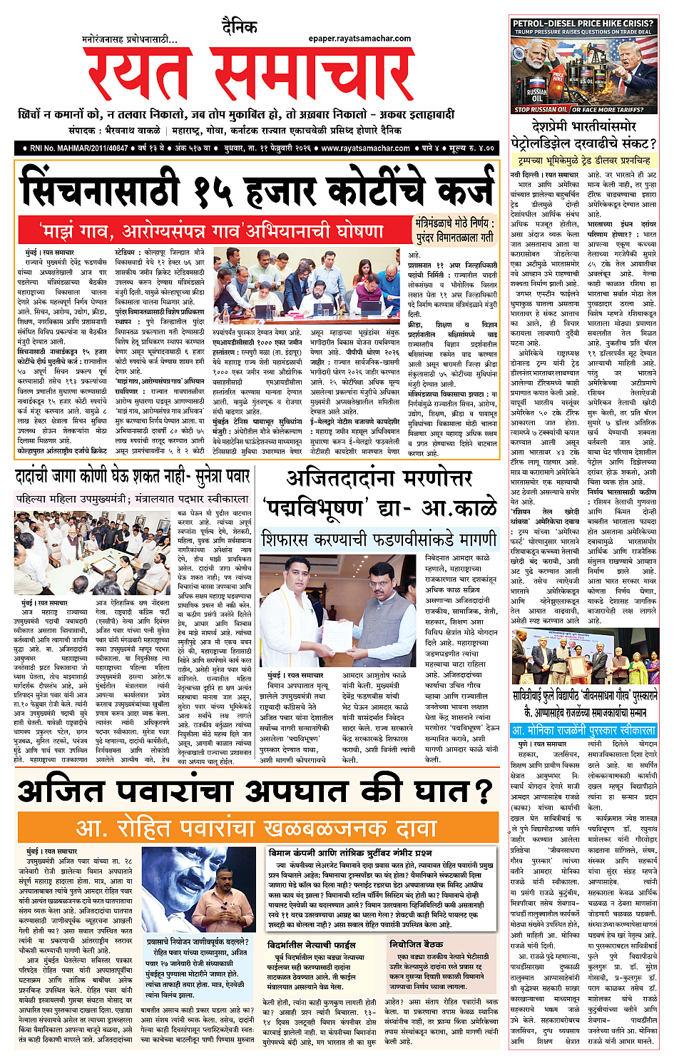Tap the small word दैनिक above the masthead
point(239,27)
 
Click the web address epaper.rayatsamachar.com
point(359,39)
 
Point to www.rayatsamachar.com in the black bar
point(365,148)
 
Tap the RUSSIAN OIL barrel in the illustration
point(537,92)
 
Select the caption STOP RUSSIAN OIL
point(540,109)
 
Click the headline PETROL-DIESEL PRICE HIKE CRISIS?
point(583,23)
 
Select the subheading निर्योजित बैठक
point(416,943)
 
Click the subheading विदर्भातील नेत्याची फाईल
point(311,944)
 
